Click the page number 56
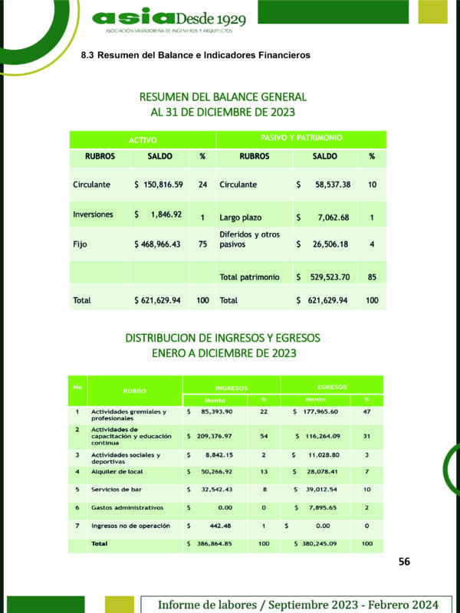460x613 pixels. [404, 562]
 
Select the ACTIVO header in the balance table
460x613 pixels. [143, 140]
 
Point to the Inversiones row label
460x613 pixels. [93, 215]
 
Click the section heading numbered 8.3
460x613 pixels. [195, 56]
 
